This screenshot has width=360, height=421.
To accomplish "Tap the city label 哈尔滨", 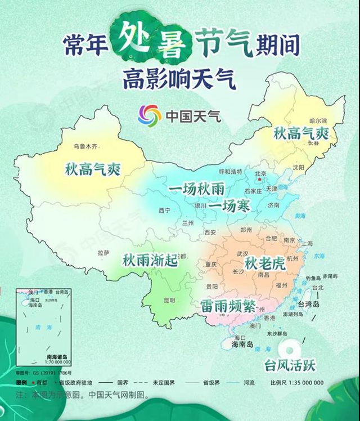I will click(x=318, y=121).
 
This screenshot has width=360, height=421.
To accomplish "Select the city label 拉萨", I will click(x=103, y=253).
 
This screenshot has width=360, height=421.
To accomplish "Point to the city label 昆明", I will click(x=169, y=299).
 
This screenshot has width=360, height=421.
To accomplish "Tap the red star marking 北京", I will click(x=259, y=181).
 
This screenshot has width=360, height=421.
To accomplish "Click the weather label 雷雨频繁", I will click(x=228, y=306).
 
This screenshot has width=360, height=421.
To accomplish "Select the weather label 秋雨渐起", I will click(x=150, y=261).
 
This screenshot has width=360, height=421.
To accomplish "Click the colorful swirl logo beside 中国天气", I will click(x=150, y=115).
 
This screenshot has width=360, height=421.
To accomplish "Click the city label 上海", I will click(x=307, y=244).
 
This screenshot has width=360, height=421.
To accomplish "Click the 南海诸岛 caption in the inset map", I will click(x=57, y=356).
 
